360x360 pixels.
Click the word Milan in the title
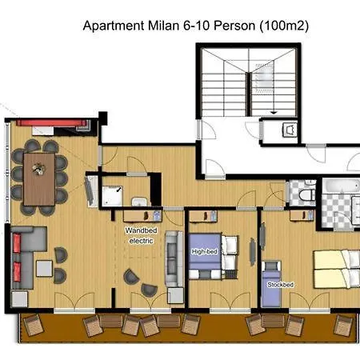[158, 26]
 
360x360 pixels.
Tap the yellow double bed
[336, 268]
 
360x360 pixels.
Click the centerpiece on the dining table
[37, 168]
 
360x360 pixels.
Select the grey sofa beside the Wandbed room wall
[172, 261]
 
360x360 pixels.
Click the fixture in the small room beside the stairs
[289, 127]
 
